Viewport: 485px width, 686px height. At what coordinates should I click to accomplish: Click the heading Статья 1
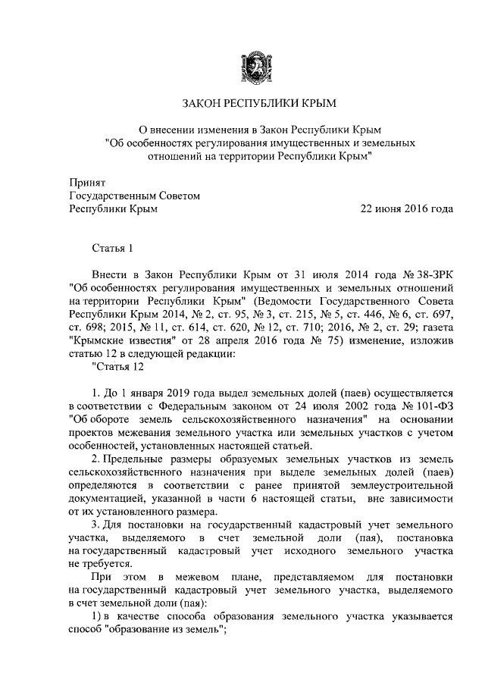coord(112,248)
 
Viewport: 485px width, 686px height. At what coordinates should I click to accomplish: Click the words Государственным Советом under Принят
coord(135,196)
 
